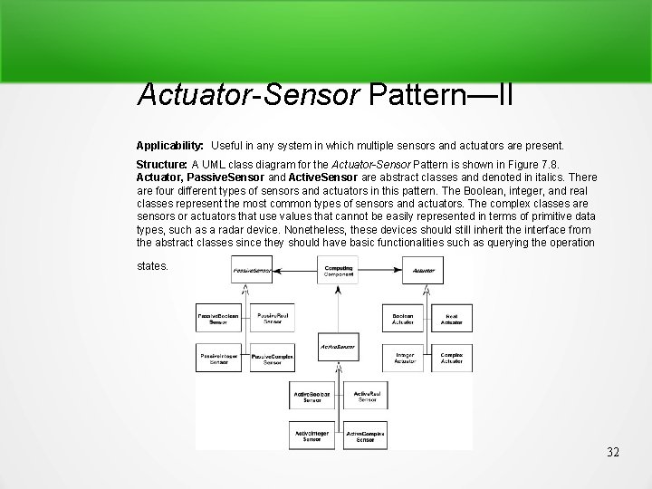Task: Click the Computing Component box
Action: click(339, 270)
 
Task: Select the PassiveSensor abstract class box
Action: click(252, 270)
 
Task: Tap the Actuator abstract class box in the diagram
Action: click(423, 270)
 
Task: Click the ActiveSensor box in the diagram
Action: click(338, 348)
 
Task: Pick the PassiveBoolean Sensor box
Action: click(218, 318)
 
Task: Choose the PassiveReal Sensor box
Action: click(273, 318)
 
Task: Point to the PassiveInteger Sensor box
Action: click(218, 359)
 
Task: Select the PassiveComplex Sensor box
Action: click(273, 360)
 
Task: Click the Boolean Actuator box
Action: click(403, 318)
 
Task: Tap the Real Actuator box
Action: click(450, 318)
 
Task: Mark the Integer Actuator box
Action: click(403, 359)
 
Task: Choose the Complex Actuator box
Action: click(450, 359)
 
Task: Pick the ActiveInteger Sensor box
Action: click(312, 436)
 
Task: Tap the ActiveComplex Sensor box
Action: click(366, 436)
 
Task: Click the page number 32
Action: click(612, 452)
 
